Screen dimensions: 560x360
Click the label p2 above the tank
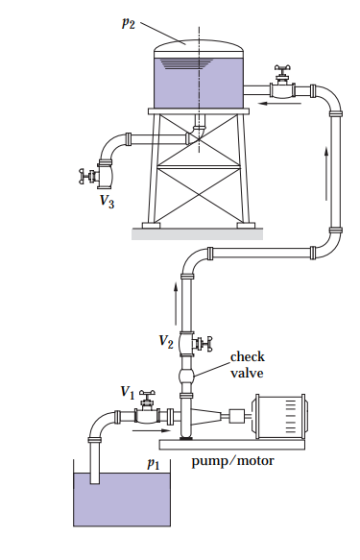pos(128,23)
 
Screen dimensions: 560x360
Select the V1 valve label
pos(127,391)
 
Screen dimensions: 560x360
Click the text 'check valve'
pos(247,364)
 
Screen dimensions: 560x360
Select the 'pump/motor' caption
pos(232,460)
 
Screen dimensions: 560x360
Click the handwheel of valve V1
pos(147,393)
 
